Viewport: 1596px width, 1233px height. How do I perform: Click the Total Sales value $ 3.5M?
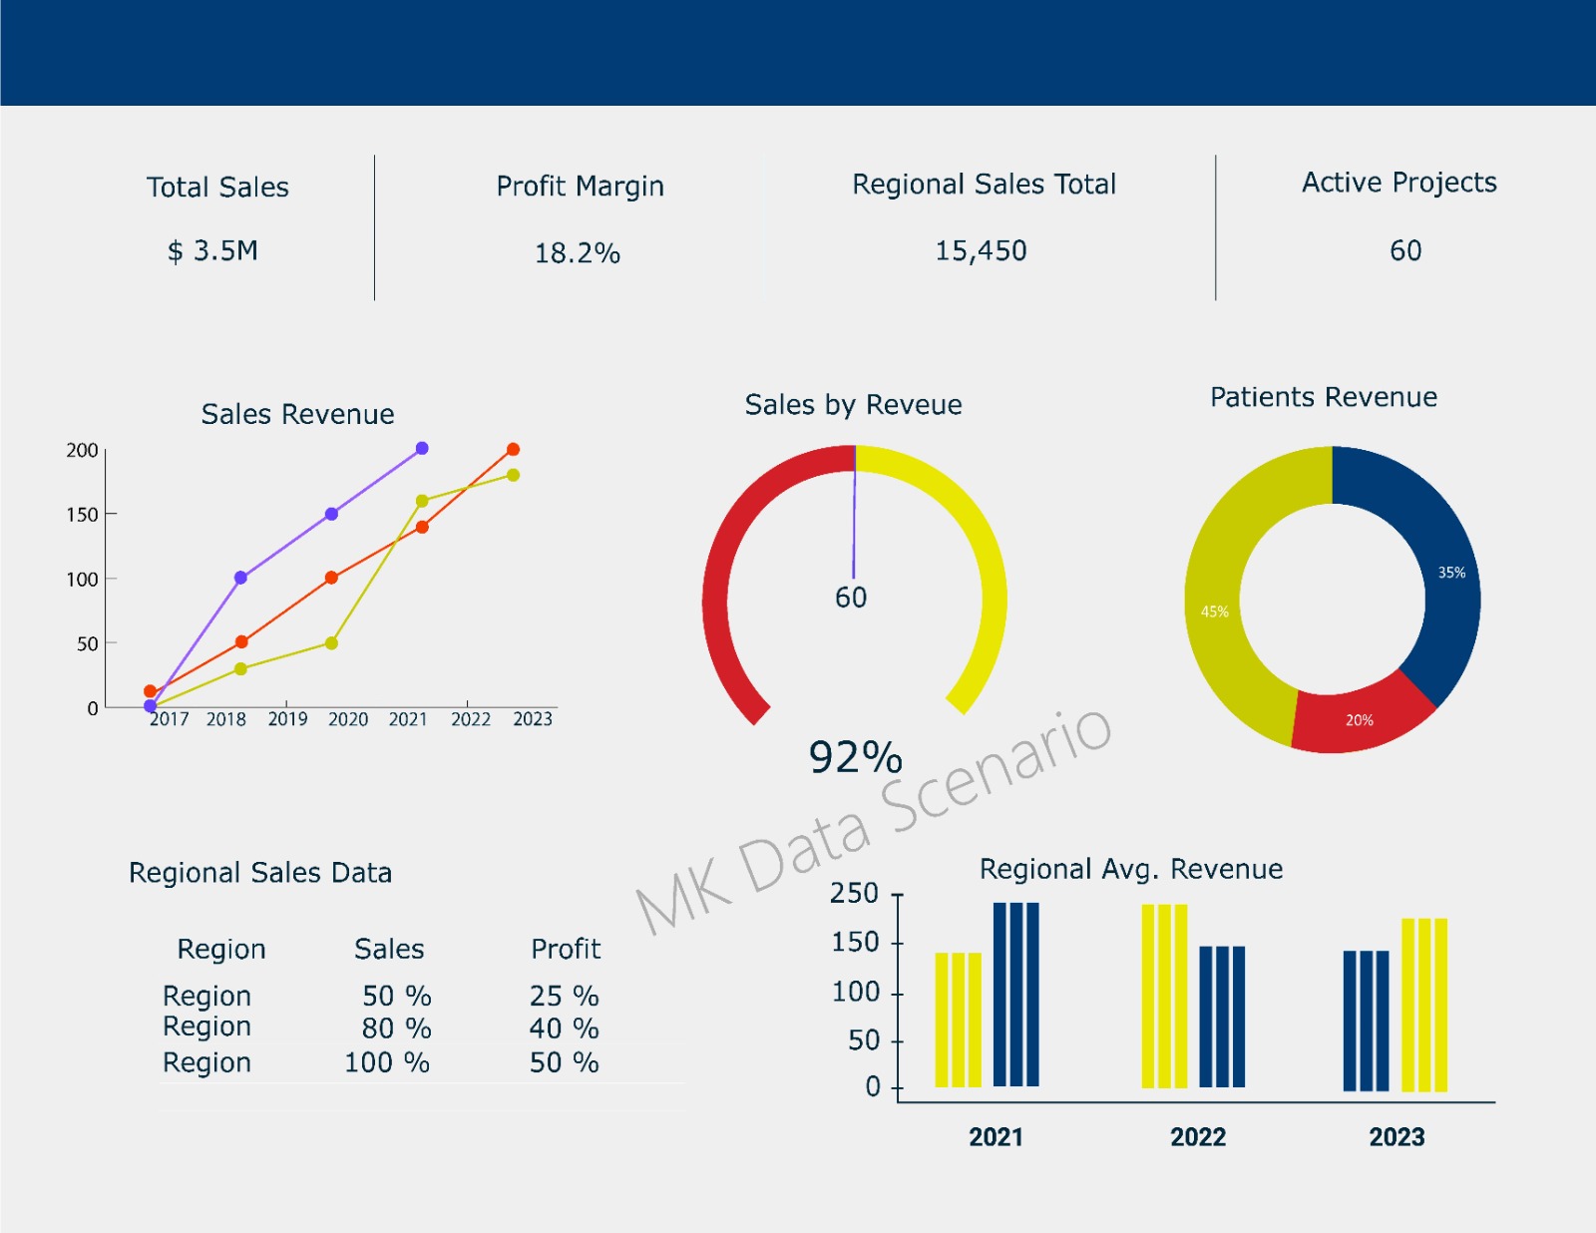click(x=212, y=251)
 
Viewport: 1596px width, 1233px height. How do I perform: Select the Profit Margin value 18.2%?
click(x=578, y=253)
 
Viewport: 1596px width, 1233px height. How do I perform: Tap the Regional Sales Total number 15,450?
click(x=981, y=251)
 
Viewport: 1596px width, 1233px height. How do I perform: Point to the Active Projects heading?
click(x=1398, y=183)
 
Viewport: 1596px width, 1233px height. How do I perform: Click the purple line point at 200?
click(x=422, y=449)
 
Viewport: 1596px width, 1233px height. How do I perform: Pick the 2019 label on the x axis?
click(x=287, y=719)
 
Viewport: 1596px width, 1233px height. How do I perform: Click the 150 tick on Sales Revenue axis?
click(x=83, y=515)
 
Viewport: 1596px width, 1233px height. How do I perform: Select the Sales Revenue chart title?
click(x=297, y=414)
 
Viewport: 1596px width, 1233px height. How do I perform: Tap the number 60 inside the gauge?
click(x=851, y=598)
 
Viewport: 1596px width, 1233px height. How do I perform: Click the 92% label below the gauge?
click(x=855, y=757)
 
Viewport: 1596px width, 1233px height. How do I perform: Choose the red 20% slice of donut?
click(x=1359, y=716)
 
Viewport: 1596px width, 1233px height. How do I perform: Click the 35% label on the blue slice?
click(x=1451, y=573)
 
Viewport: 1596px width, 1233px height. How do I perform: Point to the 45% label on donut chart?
click(x=1214, y=612)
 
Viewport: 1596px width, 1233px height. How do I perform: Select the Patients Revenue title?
click(x=1323, y=397)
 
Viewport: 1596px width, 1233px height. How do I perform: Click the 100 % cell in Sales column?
click(x=387, y=1062)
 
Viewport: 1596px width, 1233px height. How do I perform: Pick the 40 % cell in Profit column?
click(x=564, y=1028)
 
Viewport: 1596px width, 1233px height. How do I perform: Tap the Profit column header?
click(x=566, y=949)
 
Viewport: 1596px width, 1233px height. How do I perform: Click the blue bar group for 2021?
click(x=1015, y=994)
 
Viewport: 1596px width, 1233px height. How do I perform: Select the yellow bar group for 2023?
click(x=1423, y=1004)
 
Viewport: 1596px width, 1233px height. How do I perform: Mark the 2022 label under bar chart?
click(x=1197, y=1137)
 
